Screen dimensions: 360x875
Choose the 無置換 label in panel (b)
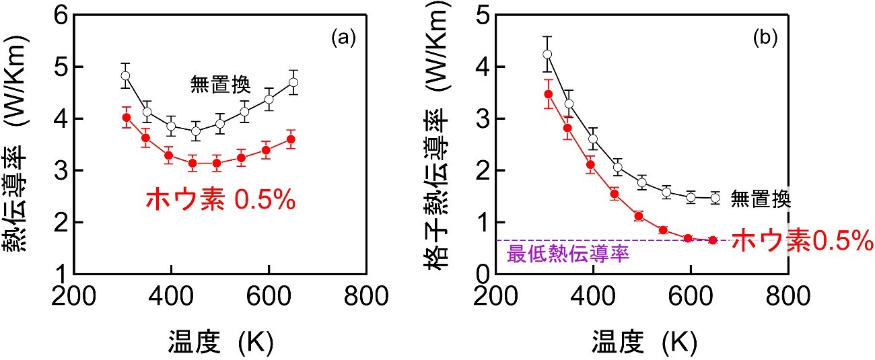coord(761,199)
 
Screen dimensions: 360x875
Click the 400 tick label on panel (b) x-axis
coord(594,295)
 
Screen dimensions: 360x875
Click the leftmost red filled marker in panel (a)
coord(125,118)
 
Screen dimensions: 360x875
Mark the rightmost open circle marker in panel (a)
coord(293,82)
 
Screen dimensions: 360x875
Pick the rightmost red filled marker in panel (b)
coord(713,240)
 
